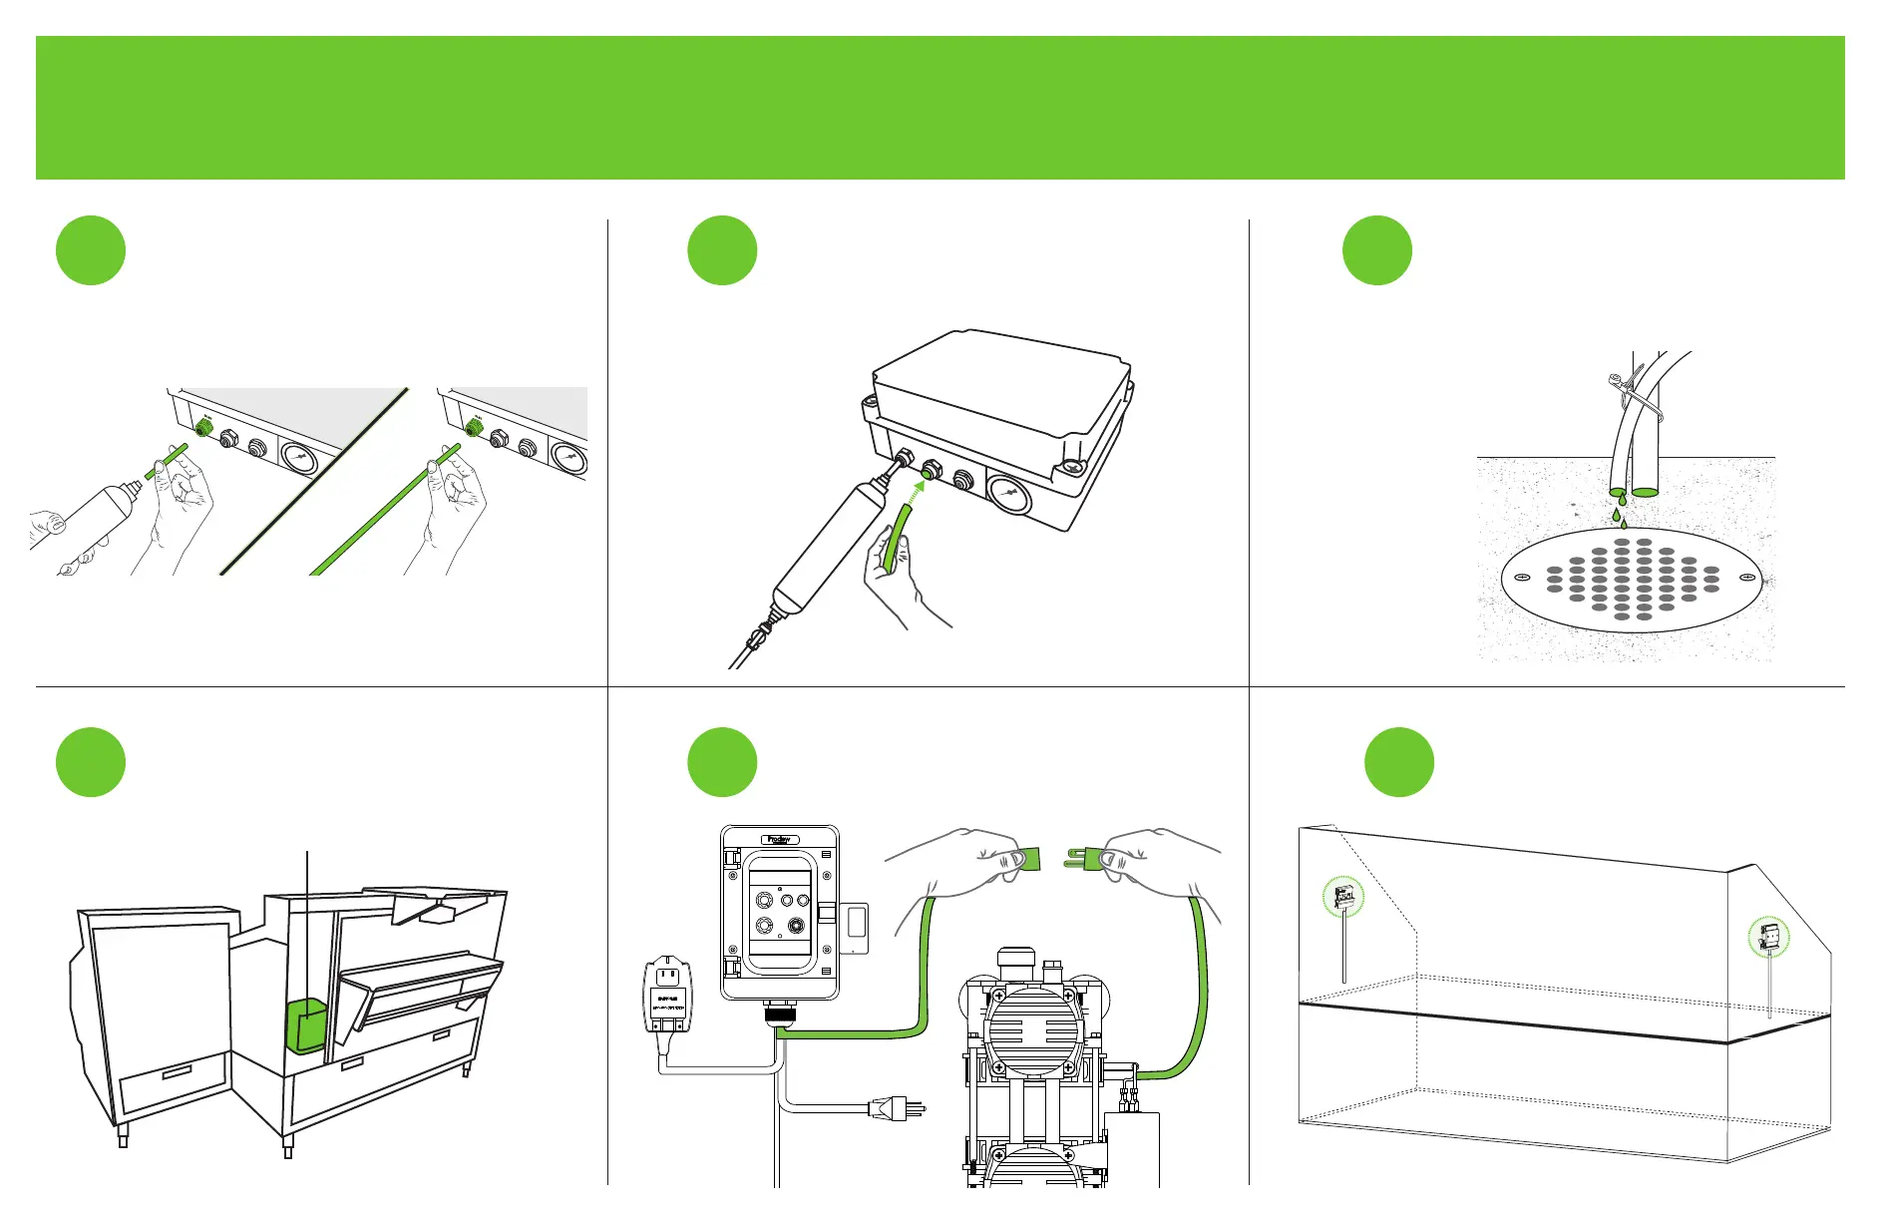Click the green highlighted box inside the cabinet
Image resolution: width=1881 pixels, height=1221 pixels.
(x=307, y=1024)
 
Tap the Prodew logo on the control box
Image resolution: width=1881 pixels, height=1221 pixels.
(x=779, y=839)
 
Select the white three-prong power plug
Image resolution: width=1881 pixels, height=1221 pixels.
(x=896, y=1107)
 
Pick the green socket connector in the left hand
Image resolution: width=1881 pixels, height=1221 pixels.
(x=1027, y=858)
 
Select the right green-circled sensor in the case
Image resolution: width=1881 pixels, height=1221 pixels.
(x=1769, y=938)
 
